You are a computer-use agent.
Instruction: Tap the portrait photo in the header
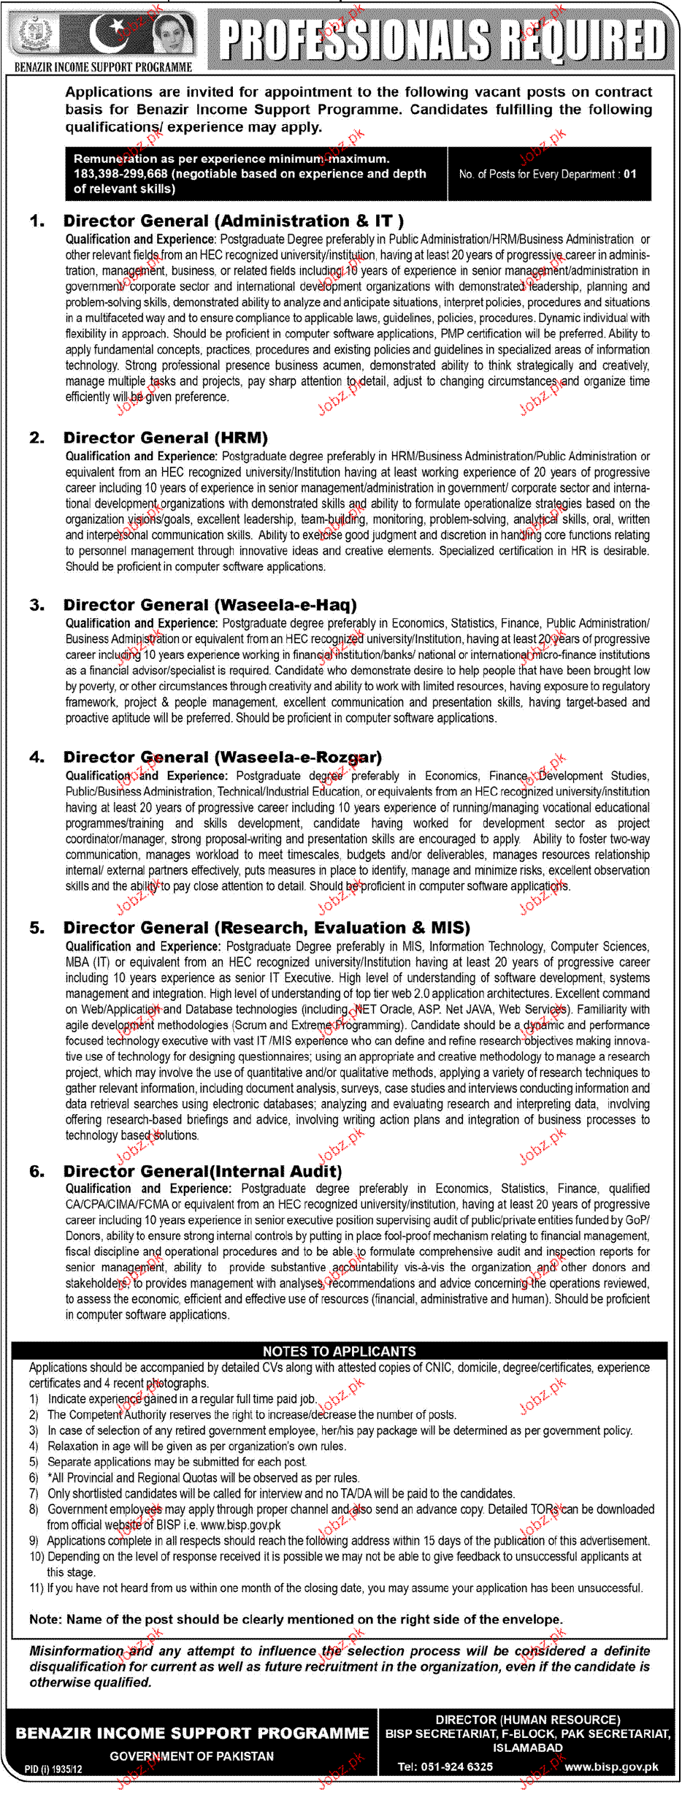(x=173, y=34)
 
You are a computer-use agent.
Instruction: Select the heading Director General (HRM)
(x=165, y=438)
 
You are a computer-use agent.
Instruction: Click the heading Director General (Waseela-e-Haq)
(x=210, y=605)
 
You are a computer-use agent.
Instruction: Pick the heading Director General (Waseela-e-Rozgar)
(x=222, y=757)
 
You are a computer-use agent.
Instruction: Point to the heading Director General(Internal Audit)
(x=202, y=1171)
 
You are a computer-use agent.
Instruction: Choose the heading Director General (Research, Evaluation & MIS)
(x=267, y=928)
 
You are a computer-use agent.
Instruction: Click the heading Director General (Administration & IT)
(x=233, y=221)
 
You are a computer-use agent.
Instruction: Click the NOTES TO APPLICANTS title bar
(x=339, y=1351)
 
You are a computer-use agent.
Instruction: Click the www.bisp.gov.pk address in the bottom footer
(x=611, y=1767)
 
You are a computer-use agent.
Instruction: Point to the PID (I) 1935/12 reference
(x=53, y=1769)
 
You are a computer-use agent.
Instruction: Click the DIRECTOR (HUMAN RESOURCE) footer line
(x=527, y=1720)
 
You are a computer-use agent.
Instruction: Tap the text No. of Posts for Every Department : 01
(x=548, y=174)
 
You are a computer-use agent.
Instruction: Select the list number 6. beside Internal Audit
(x=37, y=1171)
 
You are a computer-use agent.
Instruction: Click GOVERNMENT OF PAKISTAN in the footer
(x=192, y=1756)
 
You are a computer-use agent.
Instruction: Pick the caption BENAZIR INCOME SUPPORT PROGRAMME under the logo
(x=103, y=67)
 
